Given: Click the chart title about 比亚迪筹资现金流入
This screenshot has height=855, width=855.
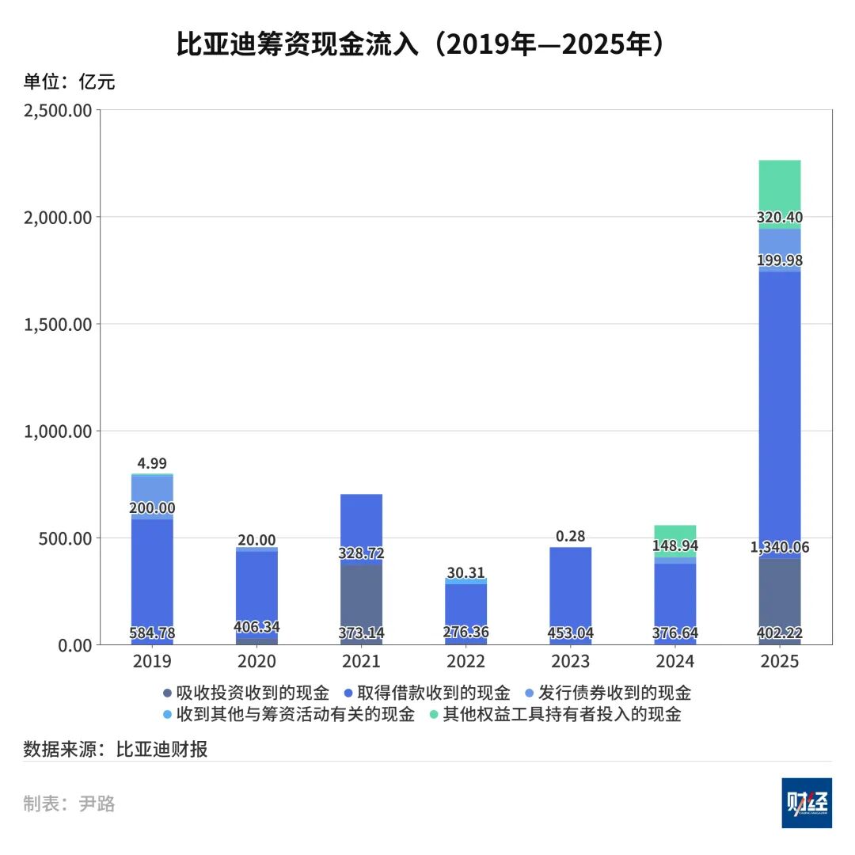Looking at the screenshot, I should click(x=420, y=45).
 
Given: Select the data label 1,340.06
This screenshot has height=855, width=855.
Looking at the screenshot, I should click(x=780, y=547).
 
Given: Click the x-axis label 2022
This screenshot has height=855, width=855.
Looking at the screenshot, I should click(x=465, y=661).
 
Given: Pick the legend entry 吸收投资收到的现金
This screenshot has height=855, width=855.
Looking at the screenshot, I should click(x=245, y=693).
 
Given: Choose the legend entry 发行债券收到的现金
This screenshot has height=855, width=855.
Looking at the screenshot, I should click(x=607, y=693).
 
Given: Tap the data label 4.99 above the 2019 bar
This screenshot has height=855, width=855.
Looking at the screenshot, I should click(x=151, y=464).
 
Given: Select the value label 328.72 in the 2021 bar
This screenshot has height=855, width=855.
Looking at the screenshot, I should click(x=361, y=553).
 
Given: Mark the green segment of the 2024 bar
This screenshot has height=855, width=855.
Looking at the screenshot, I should click(x=675, y=534).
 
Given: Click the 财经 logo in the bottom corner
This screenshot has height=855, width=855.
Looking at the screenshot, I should click(x=806, y=803).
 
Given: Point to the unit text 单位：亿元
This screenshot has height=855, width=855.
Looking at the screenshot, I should click(x=69, y=82).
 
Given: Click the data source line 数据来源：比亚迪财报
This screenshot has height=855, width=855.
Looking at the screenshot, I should click(x=116, y=749).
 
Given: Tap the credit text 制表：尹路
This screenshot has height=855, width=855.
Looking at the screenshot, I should click(x=69, y=804).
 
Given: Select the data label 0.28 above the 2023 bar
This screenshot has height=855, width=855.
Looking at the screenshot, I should click(x=570, y=536).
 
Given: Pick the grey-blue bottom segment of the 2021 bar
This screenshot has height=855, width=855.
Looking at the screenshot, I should click(x=361, y=602).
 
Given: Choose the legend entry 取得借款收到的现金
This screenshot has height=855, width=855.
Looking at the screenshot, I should click(x=426, y=693).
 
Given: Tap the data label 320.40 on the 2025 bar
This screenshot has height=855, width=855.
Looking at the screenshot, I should click(x=780, y=218).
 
